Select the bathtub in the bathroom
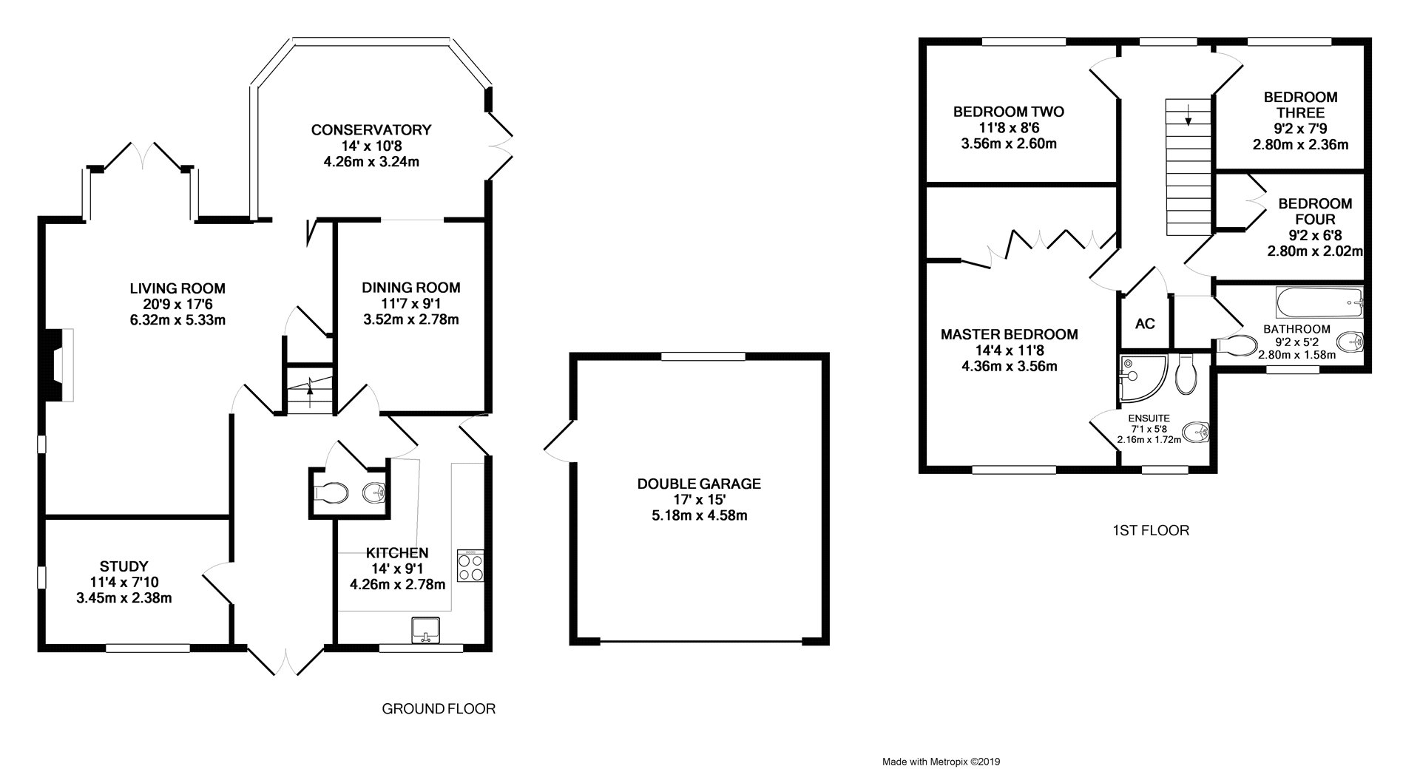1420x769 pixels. (x=1319, y=301)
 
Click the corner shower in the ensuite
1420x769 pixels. (x=1143, y=373)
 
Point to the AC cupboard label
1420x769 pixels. (x=1145, y=324)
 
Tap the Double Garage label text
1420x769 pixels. (x=699, y=484)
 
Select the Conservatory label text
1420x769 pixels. (x=371, y=130)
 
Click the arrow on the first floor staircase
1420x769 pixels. (x=1189, y=115)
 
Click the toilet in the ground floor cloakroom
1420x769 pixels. (x=330, y=492)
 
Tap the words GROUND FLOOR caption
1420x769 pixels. (x=439, y=709)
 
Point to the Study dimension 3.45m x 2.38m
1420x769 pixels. (x=124, y=598)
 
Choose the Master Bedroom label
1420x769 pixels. (x=1009, y=335)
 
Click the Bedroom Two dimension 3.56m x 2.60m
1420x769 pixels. (x=1008, y=143)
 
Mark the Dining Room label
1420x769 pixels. (x=411, y=288)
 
